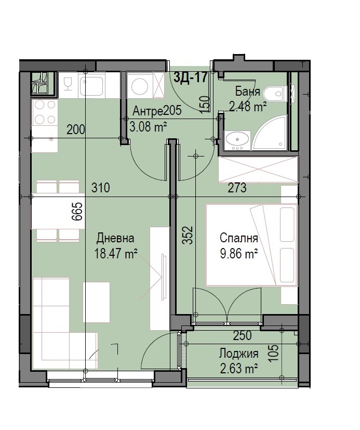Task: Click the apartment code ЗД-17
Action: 191,77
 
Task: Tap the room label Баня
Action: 248,92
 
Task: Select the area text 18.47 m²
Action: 116,253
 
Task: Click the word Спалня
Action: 238,238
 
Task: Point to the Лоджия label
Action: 238,354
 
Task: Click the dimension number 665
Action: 77,212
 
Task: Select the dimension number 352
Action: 188,235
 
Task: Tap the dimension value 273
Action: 237,188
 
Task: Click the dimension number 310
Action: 101,188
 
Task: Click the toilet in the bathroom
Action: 274,94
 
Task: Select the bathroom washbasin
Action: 237,141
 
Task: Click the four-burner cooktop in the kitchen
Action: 45,112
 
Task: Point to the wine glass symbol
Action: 68,84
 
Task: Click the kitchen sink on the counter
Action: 91,84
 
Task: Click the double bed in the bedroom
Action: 251,245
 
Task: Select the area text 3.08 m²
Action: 148,127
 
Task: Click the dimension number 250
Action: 242,336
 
